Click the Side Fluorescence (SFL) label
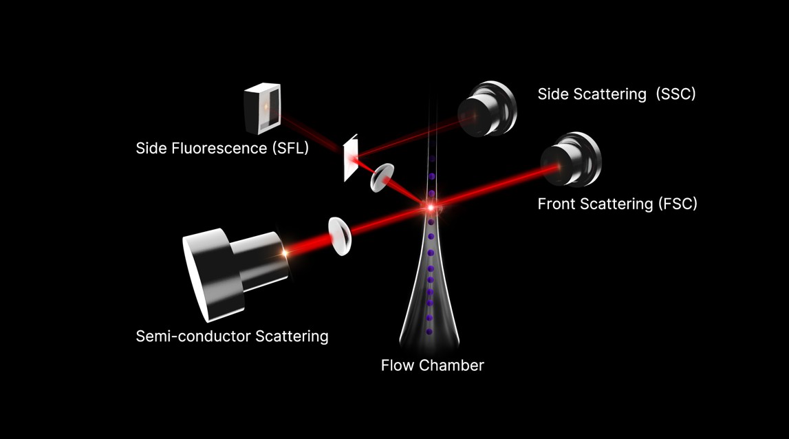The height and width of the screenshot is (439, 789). coord(222,148)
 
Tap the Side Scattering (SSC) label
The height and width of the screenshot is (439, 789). coord(616,94)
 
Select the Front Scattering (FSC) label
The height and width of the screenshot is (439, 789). coord(618,204)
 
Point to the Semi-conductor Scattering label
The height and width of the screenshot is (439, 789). coord(232,336)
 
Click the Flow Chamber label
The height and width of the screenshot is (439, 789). coord(432,365)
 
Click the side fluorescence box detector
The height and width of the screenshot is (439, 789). coord(262,108)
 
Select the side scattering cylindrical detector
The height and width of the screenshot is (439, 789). coord(487,109)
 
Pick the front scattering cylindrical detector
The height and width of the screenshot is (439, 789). coord(571,159)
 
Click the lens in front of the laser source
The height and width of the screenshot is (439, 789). coord(340,236)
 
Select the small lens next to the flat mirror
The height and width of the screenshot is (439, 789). coord(382,178)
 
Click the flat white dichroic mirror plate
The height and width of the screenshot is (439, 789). coord(351,158)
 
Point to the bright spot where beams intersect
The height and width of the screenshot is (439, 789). coord(430,207)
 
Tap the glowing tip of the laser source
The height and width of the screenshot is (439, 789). coord(285,253)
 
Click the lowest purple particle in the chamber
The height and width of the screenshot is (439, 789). coord(429,332)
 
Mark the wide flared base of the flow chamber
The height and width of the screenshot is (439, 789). coord(429,322)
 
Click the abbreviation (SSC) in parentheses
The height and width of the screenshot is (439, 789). coord(675,94)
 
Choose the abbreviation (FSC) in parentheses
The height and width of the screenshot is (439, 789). coord(678,204)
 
